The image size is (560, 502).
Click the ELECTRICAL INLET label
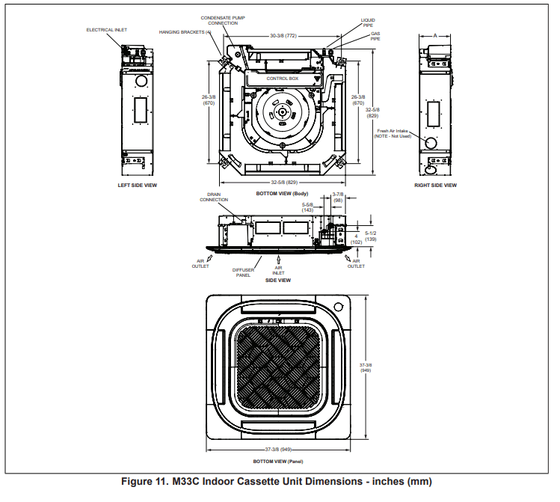pyautogui.click(x=107, y=30)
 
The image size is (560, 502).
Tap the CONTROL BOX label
pyautogui.click(x=283, y=78)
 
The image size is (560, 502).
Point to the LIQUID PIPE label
pyautogui.click(x=368, y=22)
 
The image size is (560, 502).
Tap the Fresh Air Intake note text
pyautogui.click(x=394, y=133)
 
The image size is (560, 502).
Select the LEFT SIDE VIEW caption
pyautogui.click(x=138, y=185)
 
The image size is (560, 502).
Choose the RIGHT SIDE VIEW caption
pyautogui.click(x=435, y=185)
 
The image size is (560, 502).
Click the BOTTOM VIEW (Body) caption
pyautogui.click(x=283, y=193)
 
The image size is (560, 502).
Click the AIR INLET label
pyautogui.click(x=278, y=270)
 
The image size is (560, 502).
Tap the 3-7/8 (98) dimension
pyautogui.click(x=337, y=198)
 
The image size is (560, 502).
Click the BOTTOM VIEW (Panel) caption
pyautogui.click(x=278, y=462)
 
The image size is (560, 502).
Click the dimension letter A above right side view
pyautogui.click(x=435, y=34)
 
